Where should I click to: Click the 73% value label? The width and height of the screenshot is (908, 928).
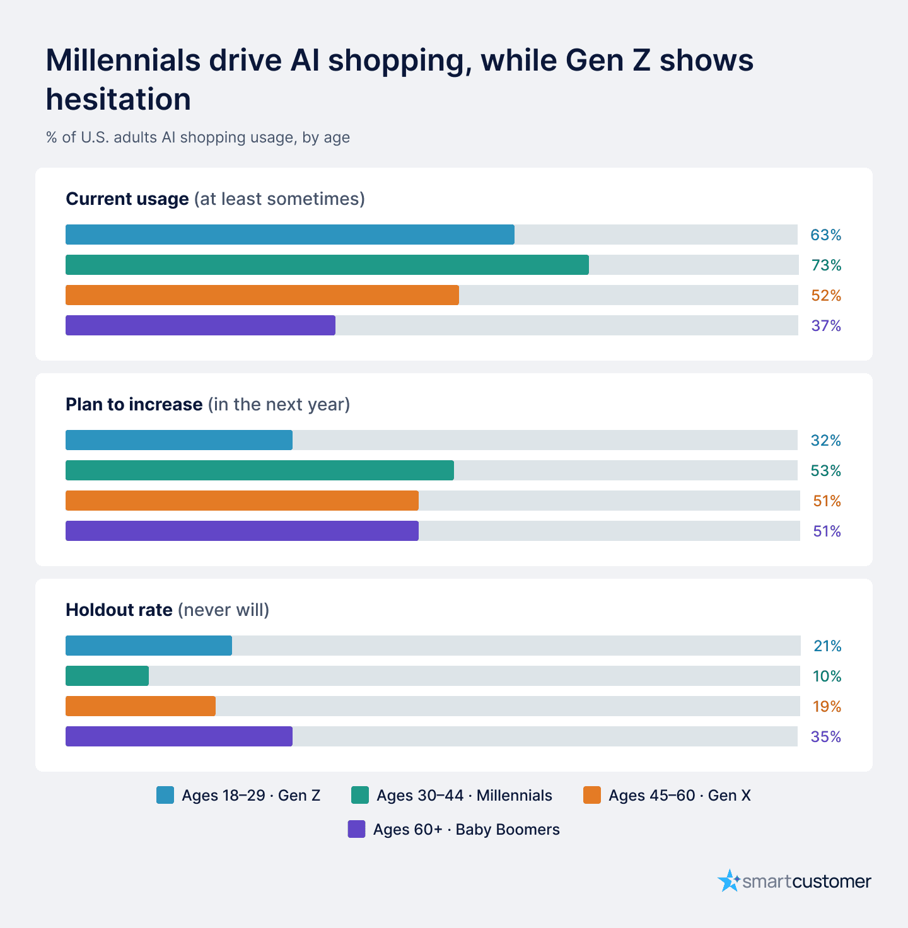(x=826, y=265)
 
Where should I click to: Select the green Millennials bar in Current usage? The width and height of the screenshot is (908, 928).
(x=327, y=265)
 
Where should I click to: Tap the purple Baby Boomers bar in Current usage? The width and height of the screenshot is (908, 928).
(x=201, y=325)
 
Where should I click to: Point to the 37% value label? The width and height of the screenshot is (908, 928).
(x=826, y=326)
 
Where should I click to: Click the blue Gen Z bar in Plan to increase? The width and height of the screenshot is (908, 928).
(x=179, y=440)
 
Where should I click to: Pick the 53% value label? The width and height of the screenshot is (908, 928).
(x=825, y=471)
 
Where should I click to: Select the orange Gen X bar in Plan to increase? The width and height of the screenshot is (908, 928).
(x=242, y=501)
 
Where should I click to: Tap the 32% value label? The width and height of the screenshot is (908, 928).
(x=825, y=441)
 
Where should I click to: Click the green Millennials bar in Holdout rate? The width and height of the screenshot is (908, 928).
(x=107, y=676)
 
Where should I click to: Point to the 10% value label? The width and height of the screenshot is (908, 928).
(x=827, y=676)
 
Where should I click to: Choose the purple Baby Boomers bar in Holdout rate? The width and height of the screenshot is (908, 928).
(x=179, y=736)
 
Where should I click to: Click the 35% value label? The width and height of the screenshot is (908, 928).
(x=825, y=737)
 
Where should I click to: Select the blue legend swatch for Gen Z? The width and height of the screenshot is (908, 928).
(x=165, y=795)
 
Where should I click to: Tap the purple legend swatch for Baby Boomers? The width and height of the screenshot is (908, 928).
(x=357, y=829)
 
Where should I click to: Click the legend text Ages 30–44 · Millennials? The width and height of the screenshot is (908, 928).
(x=464, y=796)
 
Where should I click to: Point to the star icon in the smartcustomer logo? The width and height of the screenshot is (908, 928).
(x=729, y=880)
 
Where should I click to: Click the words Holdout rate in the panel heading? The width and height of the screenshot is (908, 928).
(x=119, y=610)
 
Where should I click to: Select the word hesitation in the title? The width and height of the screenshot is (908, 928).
(x=119, y=99)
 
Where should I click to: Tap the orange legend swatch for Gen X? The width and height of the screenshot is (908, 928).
(x=592, y=795)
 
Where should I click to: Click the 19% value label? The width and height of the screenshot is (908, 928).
(x=827, y=706)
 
